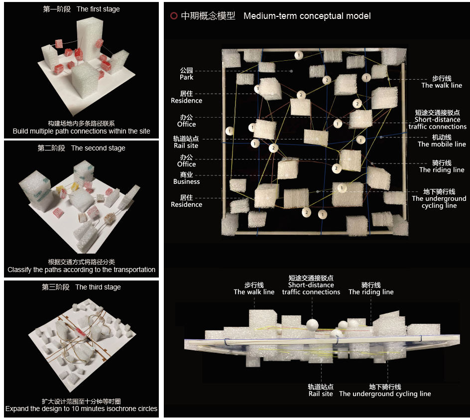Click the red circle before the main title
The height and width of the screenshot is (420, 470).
click(174, 16)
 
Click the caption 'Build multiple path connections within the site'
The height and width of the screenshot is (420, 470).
click(81, 131)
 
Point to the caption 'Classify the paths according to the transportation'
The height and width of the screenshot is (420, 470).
click(81, 270)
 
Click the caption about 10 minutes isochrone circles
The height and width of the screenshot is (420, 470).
click(81, 409)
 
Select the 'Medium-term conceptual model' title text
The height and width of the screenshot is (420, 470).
click(307, 16)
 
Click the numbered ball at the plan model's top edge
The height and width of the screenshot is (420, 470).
click(299, 55)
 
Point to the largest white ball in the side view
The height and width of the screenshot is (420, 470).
click(312, 325)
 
